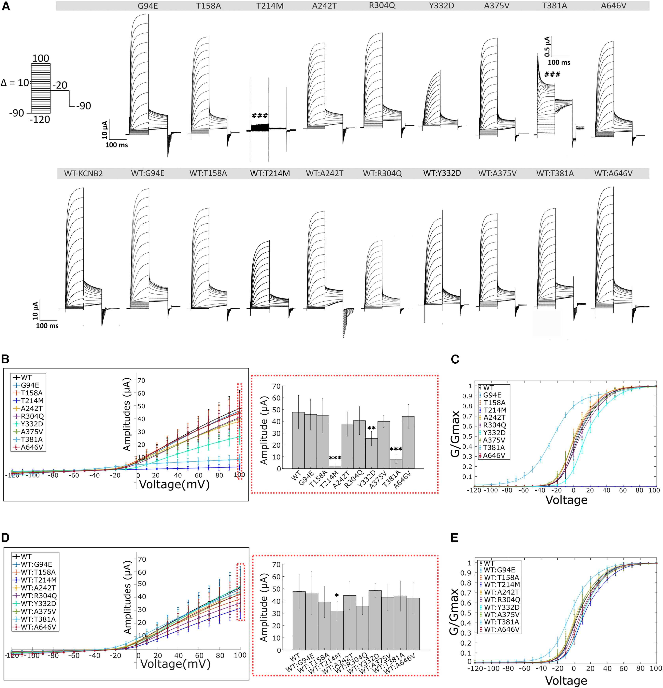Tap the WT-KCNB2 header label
point(84,173)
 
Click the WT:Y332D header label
point(442,173)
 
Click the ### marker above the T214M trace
point(260,116)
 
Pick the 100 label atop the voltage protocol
point(41,58)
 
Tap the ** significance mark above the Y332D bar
point(371,428)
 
